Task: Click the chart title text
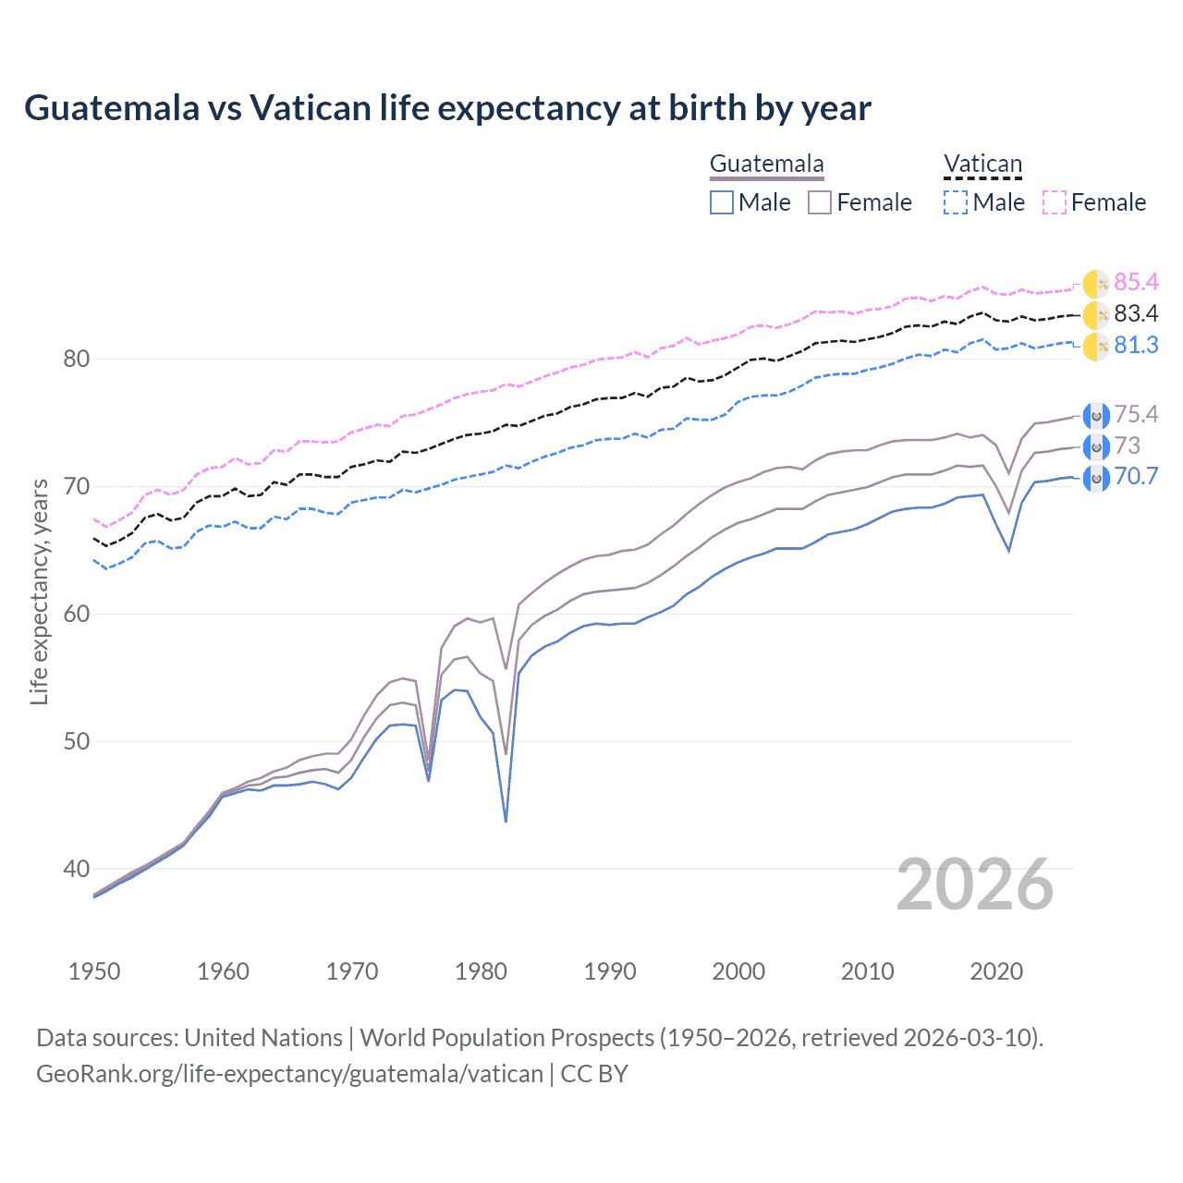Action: point(447,108)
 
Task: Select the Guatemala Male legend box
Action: point(722,202)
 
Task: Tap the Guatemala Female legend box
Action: point(820,202)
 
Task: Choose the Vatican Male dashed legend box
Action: point(956,202)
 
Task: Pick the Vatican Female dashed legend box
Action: point(1055,202)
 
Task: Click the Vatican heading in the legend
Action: point(982,165)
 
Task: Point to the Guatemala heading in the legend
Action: point(766,165)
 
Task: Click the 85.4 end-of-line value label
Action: point(1136,282)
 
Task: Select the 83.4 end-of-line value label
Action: point(1136,314)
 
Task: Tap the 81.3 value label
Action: point(1136,346)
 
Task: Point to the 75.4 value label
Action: point(1136,414)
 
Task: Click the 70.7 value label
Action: point(1136,477)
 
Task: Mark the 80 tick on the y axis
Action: point(76,359)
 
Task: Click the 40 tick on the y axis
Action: point(76,869)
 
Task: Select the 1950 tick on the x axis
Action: point(94,971)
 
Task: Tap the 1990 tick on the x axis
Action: point(610,971)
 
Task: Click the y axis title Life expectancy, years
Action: point(39,591)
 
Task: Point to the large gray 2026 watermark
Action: point(974,885)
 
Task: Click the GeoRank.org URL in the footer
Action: point(289,1074)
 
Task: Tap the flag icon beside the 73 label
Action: point(1095,447)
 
